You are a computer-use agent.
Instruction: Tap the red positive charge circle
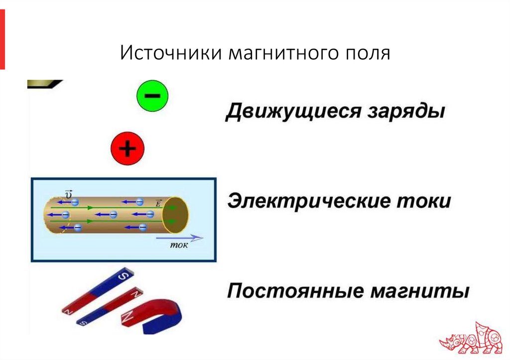pos(127,148)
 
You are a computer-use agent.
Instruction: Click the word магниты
pos(420,290)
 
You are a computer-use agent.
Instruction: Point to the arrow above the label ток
pos(179,238)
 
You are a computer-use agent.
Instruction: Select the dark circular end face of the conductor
pos(177,215)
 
